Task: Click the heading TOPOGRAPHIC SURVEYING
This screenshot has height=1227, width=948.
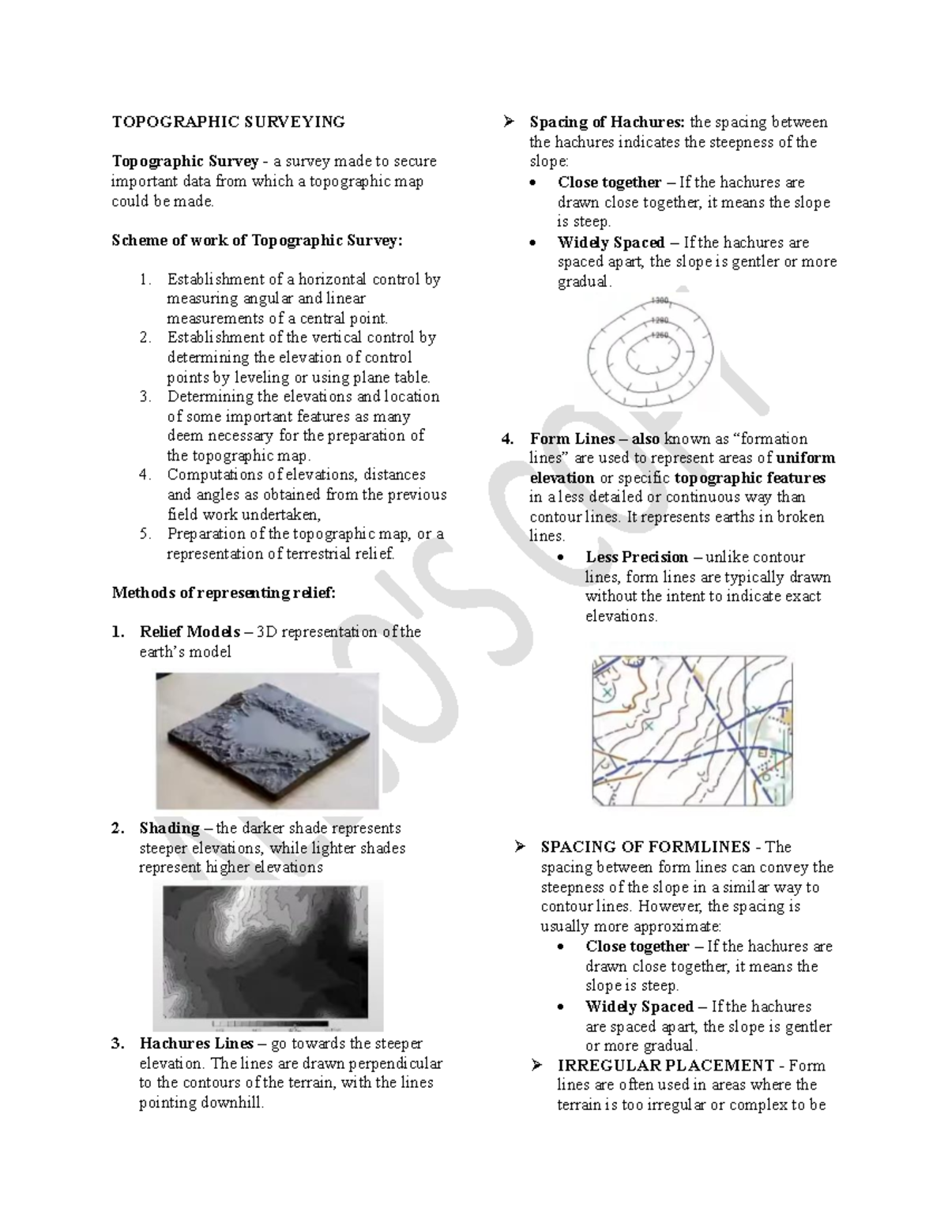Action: click(x=228, y=122)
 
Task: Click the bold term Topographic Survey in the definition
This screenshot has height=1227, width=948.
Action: click(x=185, y=161)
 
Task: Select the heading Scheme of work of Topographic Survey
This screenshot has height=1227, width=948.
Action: click(x=257, y=240)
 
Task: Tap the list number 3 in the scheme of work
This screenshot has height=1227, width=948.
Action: click(x=145, y=397)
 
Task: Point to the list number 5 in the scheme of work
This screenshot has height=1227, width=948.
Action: click(x=145, y=534)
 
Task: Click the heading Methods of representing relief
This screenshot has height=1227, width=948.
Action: click(x=224, y=593)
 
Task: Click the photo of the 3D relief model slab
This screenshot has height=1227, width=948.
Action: click(x=267, y=740)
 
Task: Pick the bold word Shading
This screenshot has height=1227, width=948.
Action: click(x=169, y=828)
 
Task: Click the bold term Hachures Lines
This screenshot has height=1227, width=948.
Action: click(x=186, y=1044)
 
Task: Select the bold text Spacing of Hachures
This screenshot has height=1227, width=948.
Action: click(x=607, y=122)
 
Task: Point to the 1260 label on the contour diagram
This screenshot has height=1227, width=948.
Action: click(x=659, y=335)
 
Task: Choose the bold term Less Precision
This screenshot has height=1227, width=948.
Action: click(x=637, y=557)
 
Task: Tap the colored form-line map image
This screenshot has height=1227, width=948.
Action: click(x=692, y=730)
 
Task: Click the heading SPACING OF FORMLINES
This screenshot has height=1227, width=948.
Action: click(x=645, y=847)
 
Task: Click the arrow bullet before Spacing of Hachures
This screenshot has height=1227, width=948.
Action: click(x=508, y=122)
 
